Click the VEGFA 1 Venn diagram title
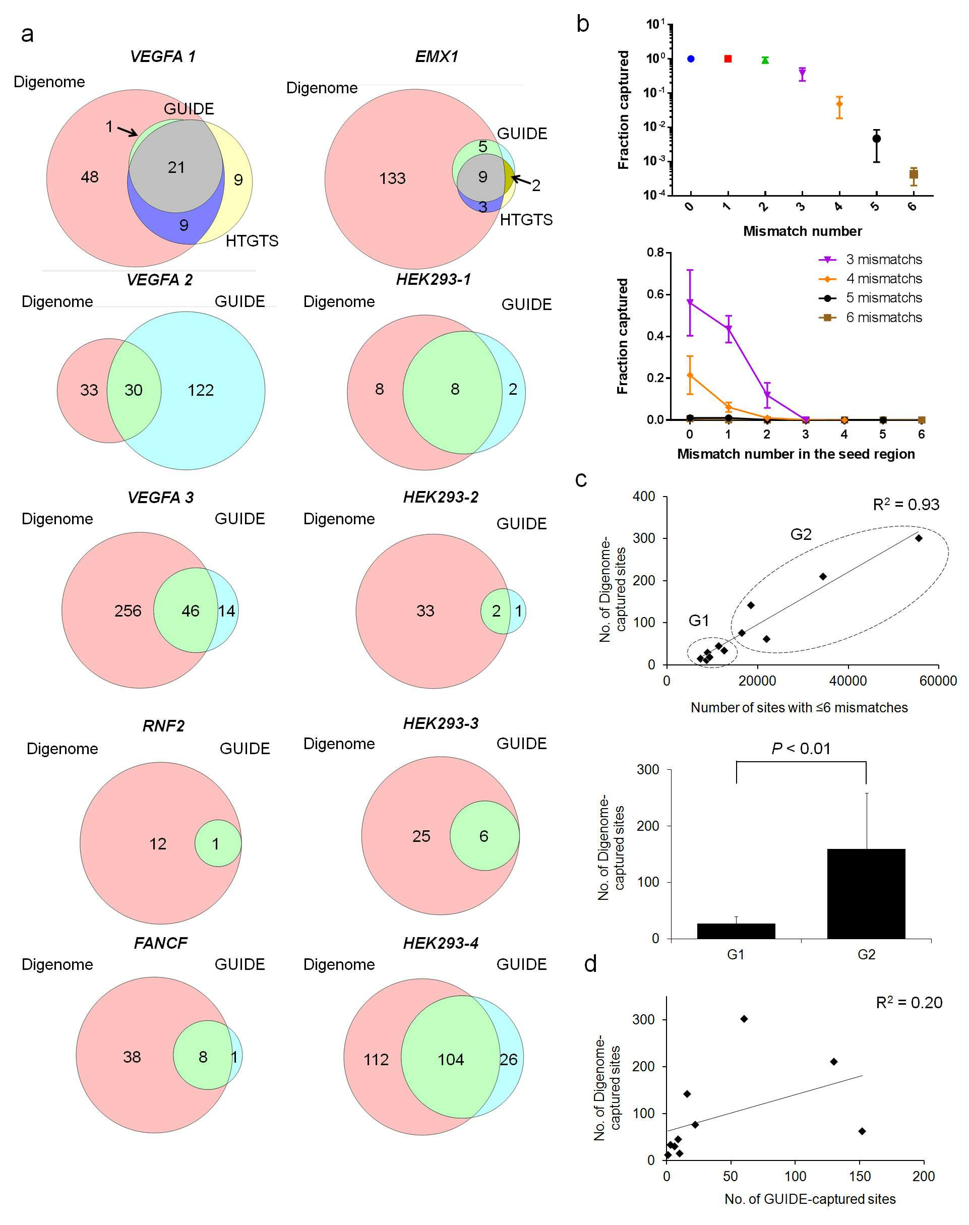[163, 56]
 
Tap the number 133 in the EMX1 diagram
[392, 178]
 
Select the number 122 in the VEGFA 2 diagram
[201, 390]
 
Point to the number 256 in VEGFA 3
[128, 611]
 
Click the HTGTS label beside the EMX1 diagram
[526, 220]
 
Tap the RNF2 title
[163, 726]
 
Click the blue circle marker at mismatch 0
[690, 59]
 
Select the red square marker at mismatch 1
[728, 59]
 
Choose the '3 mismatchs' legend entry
[870, 259]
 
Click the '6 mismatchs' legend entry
[870, 317]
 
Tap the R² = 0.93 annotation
[906, 504]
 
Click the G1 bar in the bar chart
[736, 931]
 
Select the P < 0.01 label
[801, 749]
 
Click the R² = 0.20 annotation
[909, 1002]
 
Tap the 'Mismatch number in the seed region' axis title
[796, 454]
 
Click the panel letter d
[590, 963]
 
